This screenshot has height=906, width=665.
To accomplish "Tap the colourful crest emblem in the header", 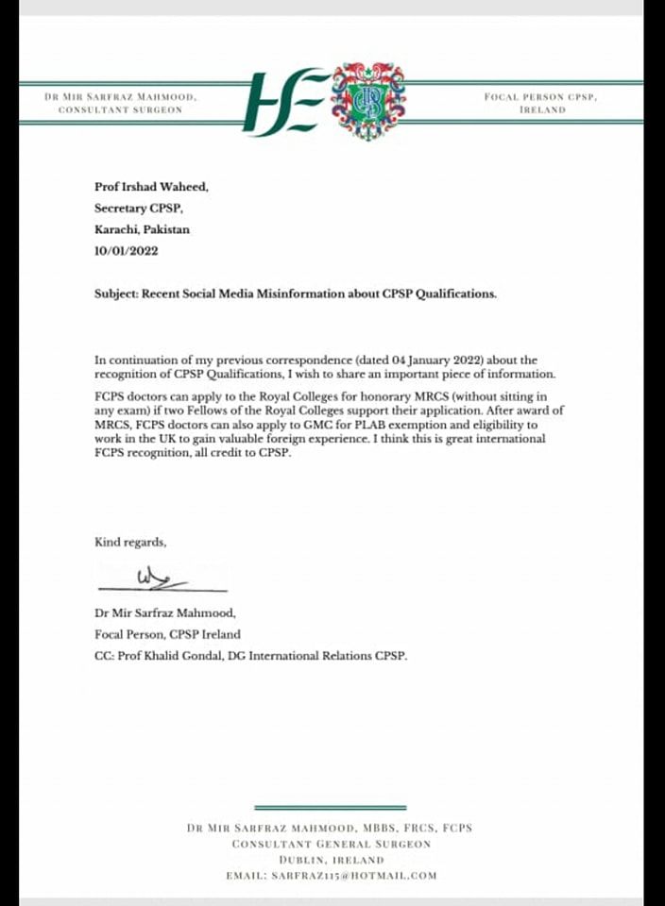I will (367, 101).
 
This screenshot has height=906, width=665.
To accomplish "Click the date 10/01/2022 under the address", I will (126, 251).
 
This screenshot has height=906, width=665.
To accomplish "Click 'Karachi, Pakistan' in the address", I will (142, 229).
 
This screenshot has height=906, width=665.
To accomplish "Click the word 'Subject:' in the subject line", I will (116, 294).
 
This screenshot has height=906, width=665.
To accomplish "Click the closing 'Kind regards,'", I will (130, 542).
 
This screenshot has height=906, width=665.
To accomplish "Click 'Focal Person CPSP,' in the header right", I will (541, 96).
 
